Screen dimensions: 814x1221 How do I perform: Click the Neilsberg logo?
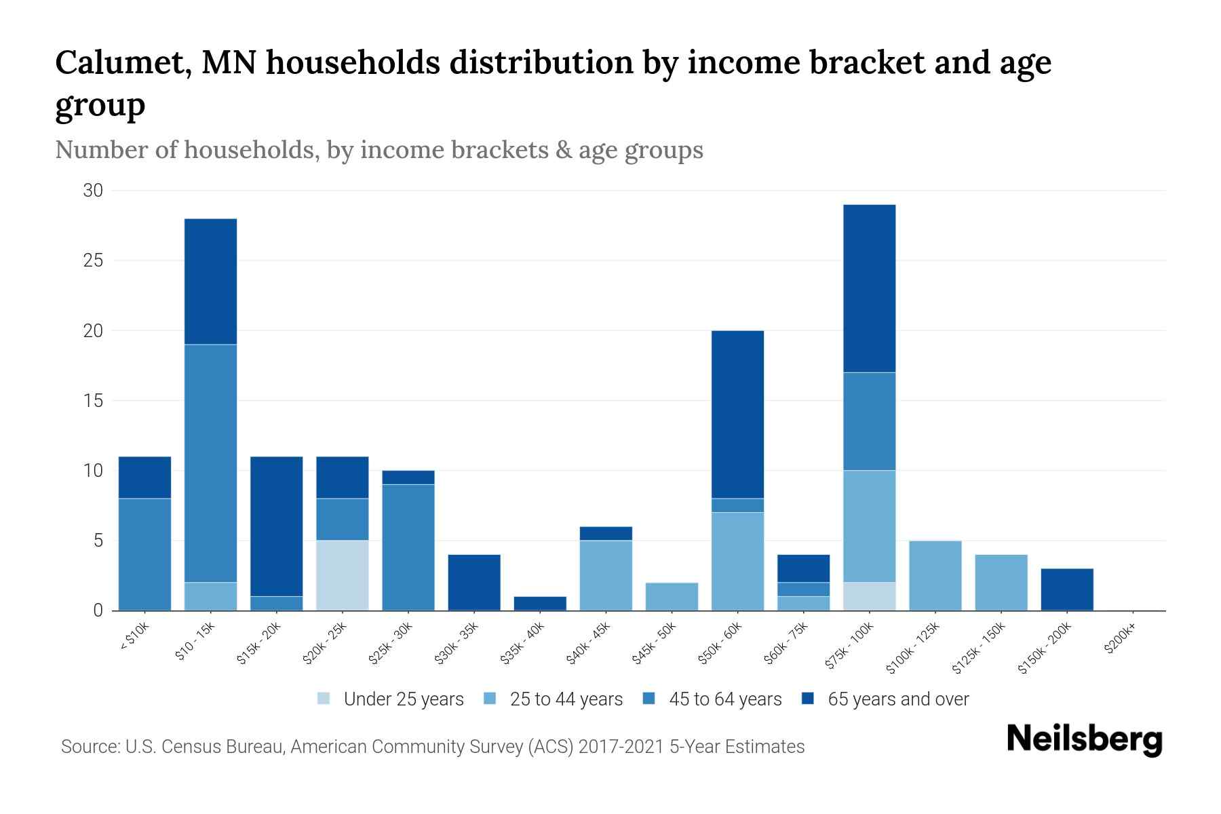click(x=1084, y=739)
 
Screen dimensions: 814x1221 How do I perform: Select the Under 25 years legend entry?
click(x=391, y=699)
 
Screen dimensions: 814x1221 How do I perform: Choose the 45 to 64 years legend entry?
click(x=712, y=699)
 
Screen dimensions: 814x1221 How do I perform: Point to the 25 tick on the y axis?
click(x=93, y=260)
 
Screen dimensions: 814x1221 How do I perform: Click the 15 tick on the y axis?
click(x=93, y=401)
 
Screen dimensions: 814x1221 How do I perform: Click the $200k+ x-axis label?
click(x=1120, y=640)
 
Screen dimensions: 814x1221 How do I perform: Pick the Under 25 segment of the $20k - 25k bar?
click(x=343, y=575)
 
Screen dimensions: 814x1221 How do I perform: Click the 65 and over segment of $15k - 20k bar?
click(x=277, y=526)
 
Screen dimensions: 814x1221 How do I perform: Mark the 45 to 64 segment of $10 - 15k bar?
click(x=211, y=463)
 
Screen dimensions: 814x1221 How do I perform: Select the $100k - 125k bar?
click(x=935, y=575)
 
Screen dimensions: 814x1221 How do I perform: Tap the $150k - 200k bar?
click(x=1067, y=589)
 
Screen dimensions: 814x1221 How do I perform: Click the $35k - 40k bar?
click(x=540, y=603)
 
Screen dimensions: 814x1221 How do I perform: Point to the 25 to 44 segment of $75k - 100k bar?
click(x=870, y=526)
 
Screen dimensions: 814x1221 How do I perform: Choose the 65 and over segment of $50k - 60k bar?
click(x=737, y=414)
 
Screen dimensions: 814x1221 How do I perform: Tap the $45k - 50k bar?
click(x=672, y=596)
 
